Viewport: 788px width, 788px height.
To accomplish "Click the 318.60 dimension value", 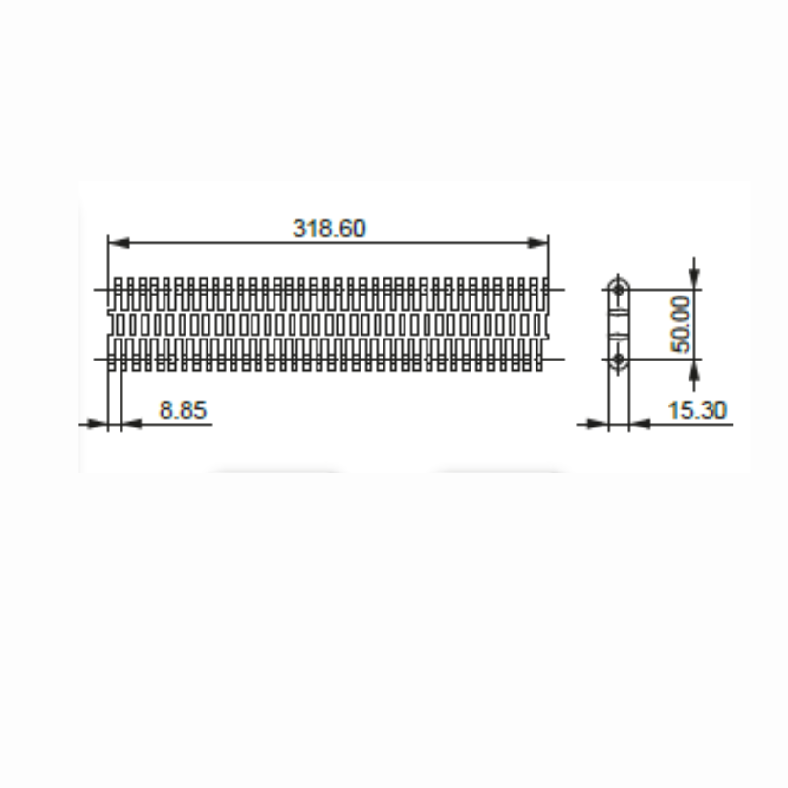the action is [329, 229].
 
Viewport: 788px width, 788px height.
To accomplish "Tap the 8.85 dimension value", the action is [183, 410].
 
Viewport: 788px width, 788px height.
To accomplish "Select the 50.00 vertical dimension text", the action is [681, 324].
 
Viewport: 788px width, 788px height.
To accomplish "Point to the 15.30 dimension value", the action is [697, 410].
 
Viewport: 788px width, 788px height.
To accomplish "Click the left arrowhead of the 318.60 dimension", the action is [119, 243].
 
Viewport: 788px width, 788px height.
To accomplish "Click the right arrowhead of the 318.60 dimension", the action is [537, 243].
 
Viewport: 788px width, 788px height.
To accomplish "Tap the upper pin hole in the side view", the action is [618, 290].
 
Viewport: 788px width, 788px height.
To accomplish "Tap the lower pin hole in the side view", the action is [618, 360].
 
